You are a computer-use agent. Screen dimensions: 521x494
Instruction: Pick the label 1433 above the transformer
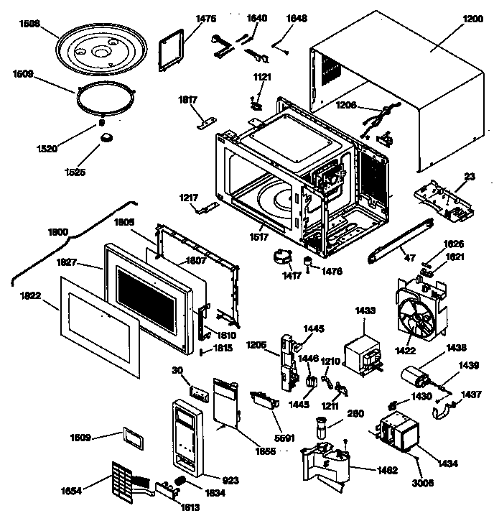[365, 311]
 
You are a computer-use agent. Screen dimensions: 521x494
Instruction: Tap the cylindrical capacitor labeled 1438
[416, 377]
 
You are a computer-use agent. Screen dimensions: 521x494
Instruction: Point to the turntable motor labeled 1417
[281, 256]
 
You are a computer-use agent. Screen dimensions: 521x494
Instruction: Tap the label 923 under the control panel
[230, 479]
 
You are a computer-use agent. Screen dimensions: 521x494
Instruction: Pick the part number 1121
[261, 76]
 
